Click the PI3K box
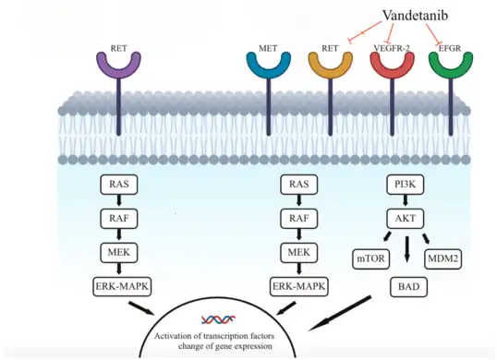[404, 185]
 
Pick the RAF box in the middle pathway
[298, 219]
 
